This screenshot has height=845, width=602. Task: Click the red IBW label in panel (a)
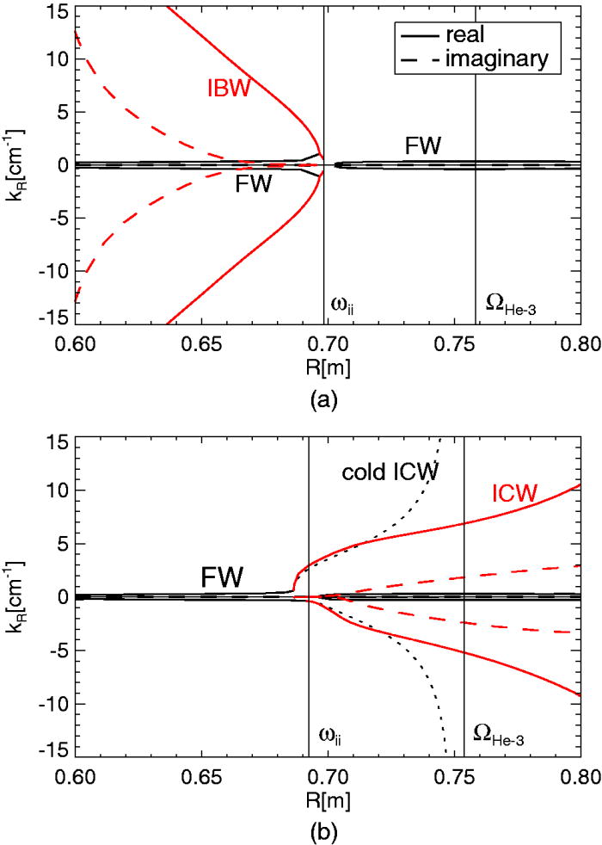[x=227, y=88]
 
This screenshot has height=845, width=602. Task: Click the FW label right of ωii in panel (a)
[x=423, y=146]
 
